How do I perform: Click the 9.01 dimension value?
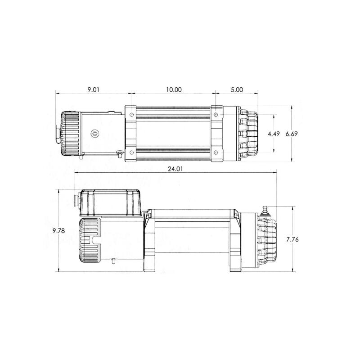(x=93, y=90)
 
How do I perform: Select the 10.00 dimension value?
(x=173, y=90)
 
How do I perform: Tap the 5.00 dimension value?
(x=237, y=90)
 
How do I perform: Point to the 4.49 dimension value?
(x=274, y=134)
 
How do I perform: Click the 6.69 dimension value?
(x=304, y=134)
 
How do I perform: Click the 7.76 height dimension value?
(x=292, y=239)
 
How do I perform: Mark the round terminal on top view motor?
(x=94, y=134)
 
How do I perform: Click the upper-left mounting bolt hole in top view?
(x=131, y=115)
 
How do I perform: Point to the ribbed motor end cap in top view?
(x=68, y=134)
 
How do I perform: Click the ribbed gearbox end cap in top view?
(x=249, y=134)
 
